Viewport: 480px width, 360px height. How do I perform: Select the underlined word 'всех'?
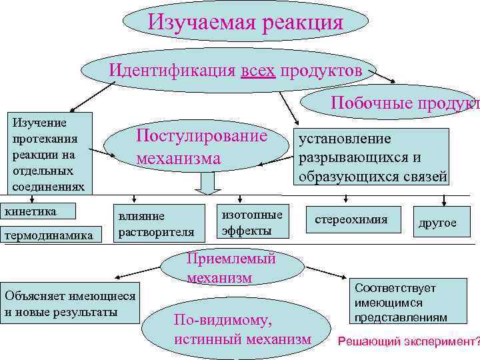(257, 70)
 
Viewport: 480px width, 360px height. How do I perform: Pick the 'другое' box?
(437, 222)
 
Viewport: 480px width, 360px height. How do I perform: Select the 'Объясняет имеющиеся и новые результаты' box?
(70, 303)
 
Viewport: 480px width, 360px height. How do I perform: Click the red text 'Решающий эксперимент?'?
(409, 341)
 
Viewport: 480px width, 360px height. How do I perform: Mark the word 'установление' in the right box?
(345, 139)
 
